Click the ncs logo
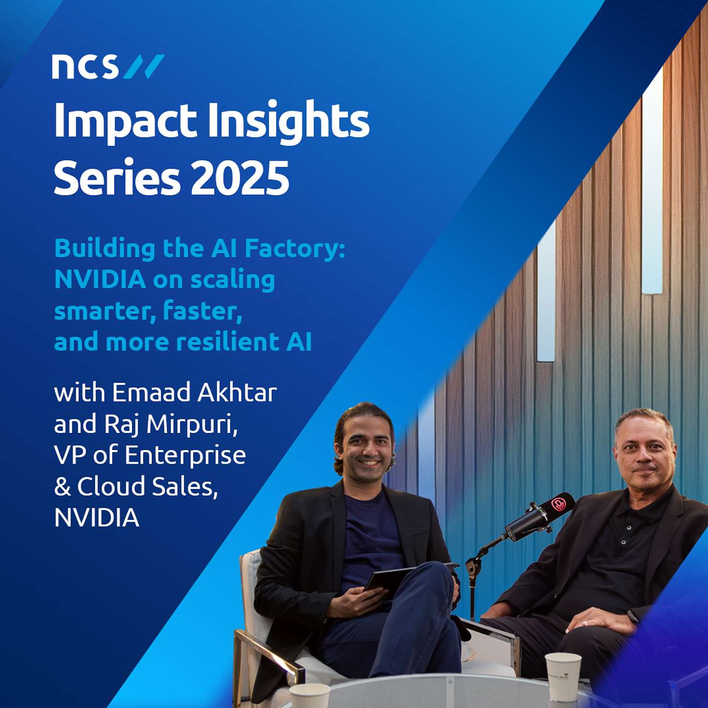click(x=108, y=67)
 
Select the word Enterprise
click(x=185, y=455)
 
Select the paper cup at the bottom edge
click(x=309, y=696)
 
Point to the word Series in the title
click(x=117, y=179)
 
